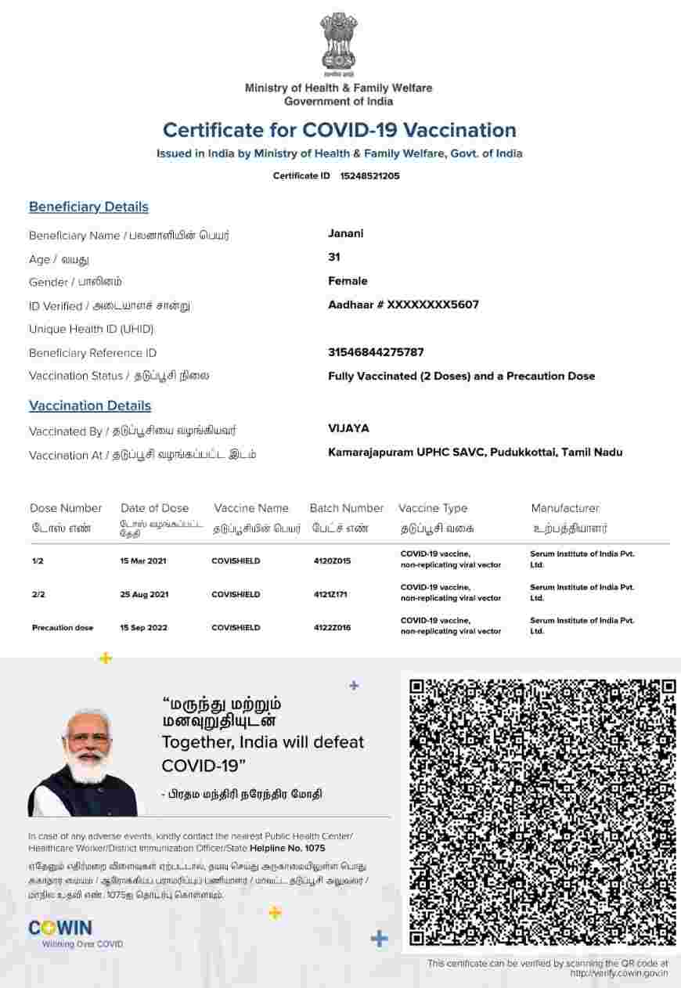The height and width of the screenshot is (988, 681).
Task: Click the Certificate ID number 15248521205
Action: (x=369, y=176)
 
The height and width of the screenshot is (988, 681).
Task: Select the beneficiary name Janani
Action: (x=345, y=233)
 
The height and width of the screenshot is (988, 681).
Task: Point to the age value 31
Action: (x=334, y=257)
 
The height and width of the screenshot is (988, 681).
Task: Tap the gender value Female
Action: (x=348, y=281)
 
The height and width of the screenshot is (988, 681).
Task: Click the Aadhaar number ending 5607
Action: (x=403, y=305)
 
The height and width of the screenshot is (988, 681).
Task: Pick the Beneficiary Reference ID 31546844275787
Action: (x=376, y=352)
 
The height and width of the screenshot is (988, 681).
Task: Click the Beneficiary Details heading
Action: (x=88, y=207)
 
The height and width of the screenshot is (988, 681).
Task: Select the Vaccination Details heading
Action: (x=90, y=406)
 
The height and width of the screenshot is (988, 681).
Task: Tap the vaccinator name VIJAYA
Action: (x=348, y=428)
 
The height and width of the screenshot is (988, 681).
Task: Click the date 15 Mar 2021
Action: (x=143, y=561)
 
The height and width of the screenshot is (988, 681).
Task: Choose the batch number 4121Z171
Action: (x=330, y=595)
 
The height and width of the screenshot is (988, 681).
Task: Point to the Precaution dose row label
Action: (x=63, y=628)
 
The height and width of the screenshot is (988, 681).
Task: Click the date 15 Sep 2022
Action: (x=143, y=628)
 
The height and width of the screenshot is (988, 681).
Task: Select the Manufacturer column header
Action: (x=565, y=508)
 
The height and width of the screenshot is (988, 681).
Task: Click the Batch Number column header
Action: (x=347, y=508)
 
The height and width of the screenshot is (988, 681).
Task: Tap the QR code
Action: (x=542, y=812)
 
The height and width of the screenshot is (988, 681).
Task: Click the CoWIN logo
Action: (x=60, y=929)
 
